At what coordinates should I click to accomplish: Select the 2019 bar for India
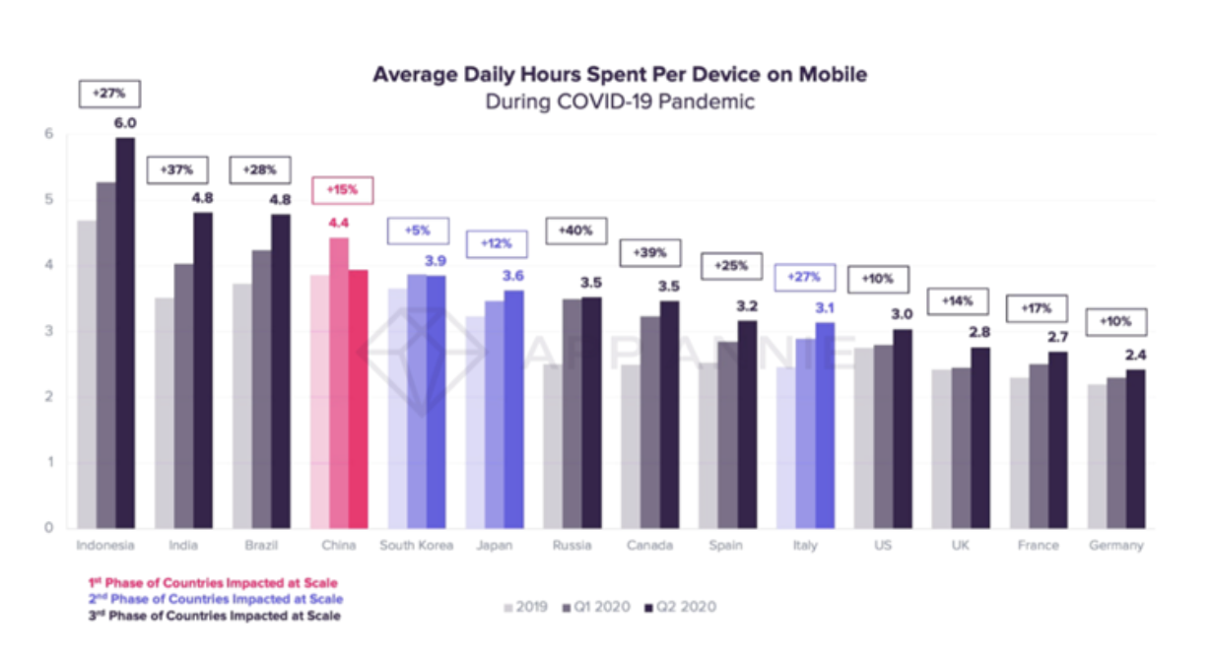(x=165, y=413)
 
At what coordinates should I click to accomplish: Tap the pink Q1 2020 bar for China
(x=339, y=383)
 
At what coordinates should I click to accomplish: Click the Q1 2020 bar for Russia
(x=572, y=414)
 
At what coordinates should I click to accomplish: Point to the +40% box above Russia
(x=573, y=230)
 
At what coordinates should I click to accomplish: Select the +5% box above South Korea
(x=415, y=231)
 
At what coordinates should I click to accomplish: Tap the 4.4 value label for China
(x=339, y=222)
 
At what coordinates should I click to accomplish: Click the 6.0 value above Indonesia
(x=125, y=122)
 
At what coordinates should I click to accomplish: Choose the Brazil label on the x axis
(x=261, y=546)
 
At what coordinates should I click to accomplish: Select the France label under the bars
(x=1039, y=546)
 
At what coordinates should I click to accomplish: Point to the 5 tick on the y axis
(x=47, y=200)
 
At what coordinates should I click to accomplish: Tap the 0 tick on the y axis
(x=47, y=528)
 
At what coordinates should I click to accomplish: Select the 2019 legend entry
(x=527, y=607)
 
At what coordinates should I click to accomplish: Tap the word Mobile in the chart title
(x=826, y=75)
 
